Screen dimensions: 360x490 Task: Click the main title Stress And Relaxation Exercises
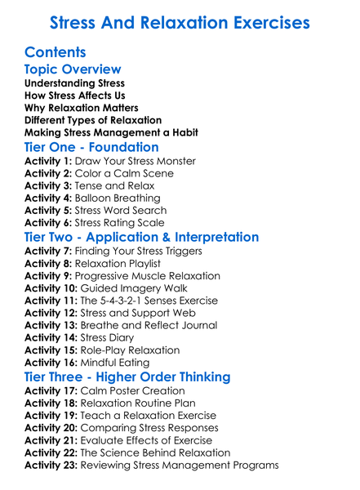click(x=180, y=22)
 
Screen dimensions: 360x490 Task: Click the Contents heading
click(x=56, y=52)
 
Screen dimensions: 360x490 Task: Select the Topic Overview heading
click(x=73, y=69)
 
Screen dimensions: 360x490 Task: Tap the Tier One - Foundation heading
click(x=91, y=147)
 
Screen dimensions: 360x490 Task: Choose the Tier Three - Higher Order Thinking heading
click(x=127, y=376)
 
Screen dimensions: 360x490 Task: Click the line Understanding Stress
click(x=74, y=83)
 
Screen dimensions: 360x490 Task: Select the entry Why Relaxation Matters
click(x=81, y=108)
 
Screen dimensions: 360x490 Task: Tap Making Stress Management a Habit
click(x=111, y=132)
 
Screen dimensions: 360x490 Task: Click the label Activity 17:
click(x=52, y=391)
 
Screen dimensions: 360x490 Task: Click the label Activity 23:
click(x=52, y=465)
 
